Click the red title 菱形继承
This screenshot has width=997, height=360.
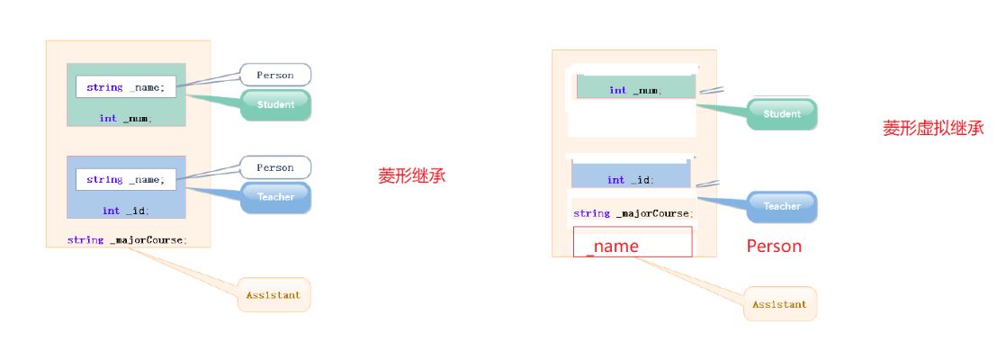(x=411, y=176)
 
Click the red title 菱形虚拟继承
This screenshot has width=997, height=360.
(x=933, y=129)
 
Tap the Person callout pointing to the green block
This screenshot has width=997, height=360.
(x=275, y=75)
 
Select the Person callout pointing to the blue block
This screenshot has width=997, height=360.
(x=275, y=167)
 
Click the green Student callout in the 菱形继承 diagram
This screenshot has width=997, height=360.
(x=275, y=105)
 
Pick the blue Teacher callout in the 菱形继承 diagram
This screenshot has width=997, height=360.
(x=275, y=197)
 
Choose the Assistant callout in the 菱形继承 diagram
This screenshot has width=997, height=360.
(x=274, y=294)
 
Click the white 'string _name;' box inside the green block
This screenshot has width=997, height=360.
(x=126, y=87)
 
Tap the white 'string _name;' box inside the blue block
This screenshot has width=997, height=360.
(x=126, y=179)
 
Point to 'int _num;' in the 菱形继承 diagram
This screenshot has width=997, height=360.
(x=126, y=118)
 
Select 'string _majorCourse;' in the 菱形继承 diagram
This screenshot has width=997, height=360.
(x=127, y=239)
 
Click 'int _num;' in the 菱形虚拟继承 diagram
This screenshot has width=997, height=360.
(x=635, y=90)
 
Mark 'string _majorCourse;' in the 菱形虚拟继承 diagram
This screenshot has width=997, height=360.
(x=633, y=213)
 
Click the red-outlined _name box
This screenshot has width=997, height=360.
(x=633, y=242)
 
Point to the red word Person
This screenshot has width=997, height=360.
(x=774, y=246)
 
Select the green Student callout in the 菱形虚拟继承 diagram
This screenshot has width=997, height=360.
(x=781, y=114)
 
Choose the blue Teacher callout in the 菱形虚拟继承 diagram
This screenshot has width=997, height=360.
(x=781, y=206)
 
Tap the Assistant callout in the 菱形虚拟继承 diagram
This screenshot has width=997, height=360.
(x=779, y=304)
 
